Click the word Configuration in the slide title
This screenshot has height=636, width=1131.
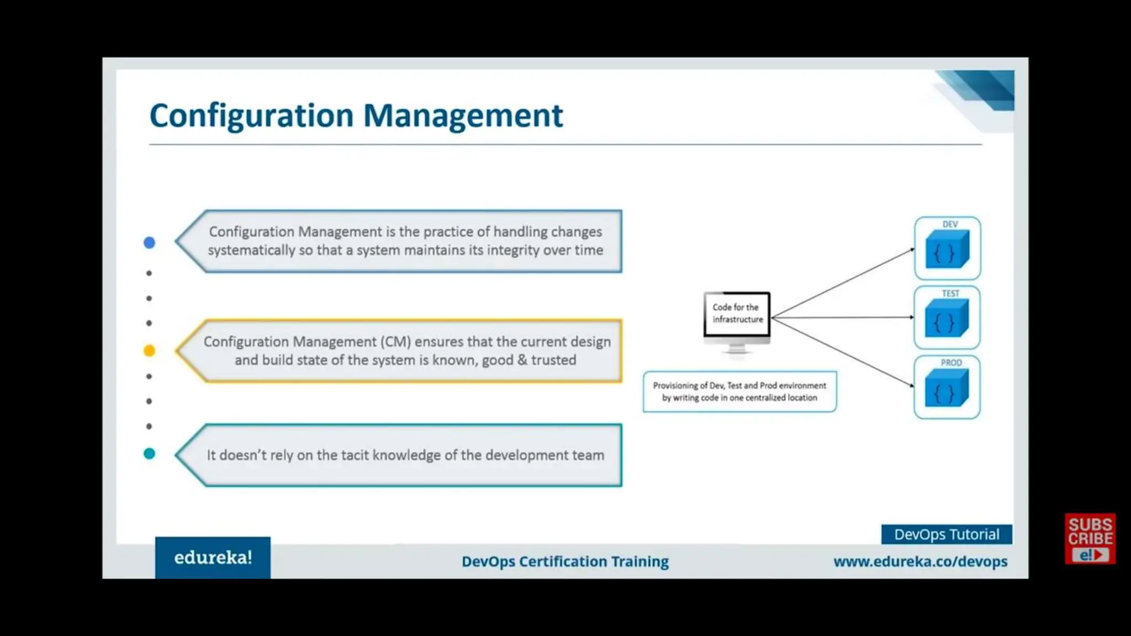[251, 116]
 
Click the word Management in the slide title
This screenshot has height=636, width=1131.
[463, 116]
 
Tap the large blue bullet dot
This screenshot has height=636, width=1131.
[149, 242]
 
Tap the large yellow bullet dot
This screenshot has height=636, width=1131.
[149, 351]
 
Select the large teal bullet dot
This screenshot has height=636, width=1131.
[149, 454]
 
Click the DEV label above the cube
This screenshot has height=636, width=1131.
[950, 224]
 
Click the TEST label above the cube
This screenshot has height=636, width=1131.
[950, 293]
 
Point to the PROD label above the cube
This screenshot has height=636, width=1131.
[951, 363]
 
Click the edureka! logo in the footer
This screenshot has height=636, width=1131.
[213, 558]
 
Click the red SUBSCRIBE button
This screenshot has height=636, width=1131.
[1090, 539]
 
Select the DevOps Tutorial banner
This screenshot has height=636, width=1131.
[947, 534]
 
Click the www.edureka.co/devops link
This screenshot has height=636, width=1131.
[920, 561]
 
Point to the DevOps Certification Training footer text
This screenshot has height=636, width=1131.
[565, 561]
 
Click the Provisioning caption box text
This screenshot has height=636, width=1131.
[739, 391]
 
